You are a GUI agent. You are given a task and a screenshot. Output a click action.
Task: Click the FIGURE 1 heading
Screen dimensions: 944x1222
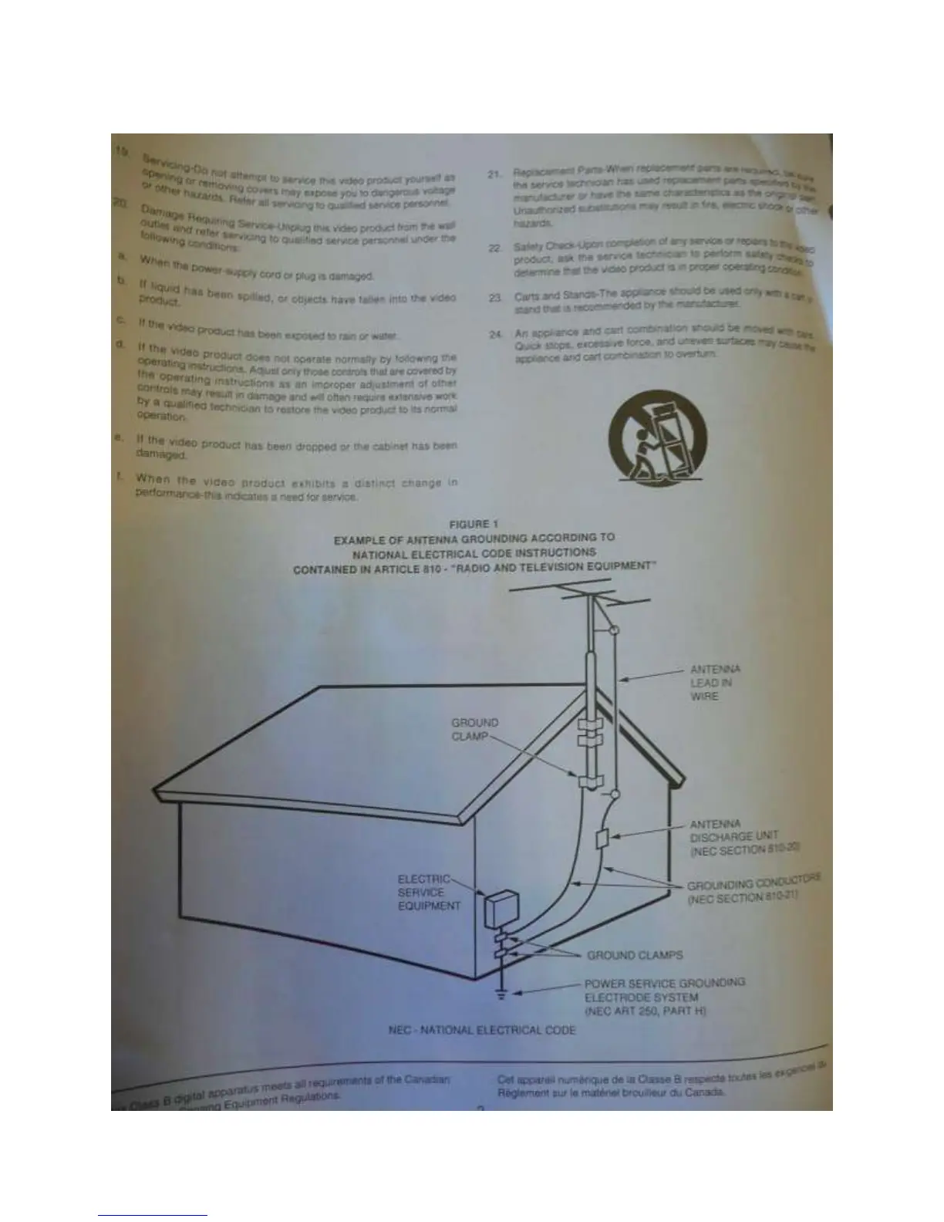(x=474, y=524)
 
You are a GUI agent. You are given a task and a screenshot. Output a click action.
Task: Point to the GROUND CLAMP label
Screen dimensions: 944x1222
(x=475, y=729)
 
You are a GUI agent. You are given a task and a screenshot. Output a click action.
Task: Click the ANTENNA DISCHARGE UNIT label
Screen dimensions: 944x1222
(x=745, y=836)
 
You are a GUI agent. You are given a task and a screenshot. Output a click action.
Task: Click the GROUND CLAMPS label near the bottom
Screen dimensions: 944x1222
(x=635, y=955)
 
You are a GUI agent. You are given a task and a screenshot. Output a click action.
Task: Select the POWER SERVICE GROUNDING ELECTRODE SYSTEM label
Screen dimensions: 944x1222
(x=664, y=996)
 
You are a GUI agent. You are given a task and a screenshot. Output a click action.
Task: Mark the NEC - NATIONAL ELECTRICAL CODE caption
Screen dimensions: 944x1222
(x=483, y=1030)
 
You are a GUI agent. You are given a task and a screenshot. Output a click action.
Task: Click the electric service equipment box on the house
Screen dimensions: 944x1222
(x=500, y=910)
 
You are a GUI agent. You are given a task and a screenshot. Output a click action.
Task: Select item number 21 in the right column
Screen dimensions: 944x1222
(x=496, y=174)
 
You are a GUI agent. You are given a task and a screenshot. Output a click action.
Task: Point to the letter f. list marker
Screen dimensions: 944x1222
(x=120, y=475)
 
